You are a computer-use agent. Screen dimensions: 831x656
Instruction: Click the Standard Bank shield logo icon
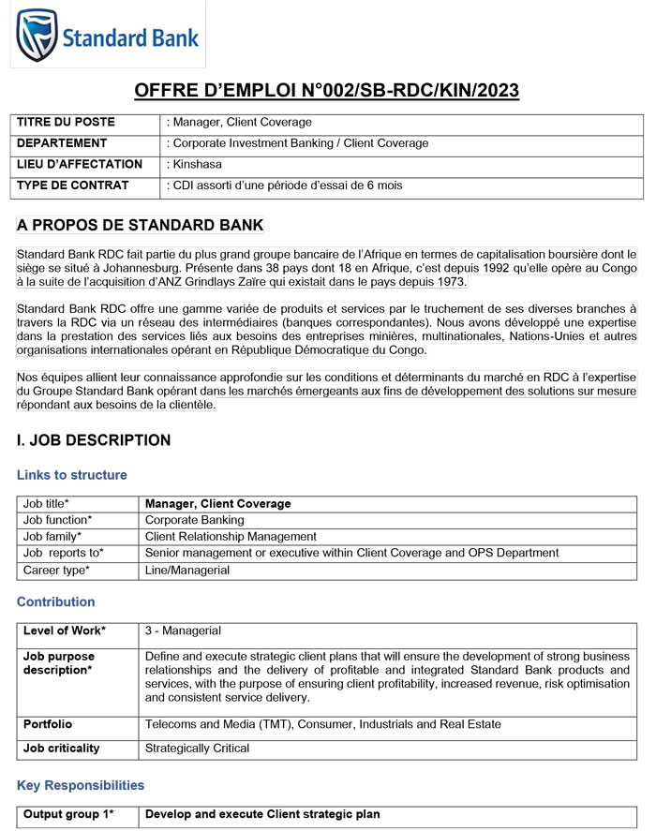pos(37,35)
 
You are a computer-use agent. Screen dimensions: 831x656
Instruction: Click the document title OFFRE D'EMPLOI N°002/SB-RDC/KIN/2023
pos(327,90)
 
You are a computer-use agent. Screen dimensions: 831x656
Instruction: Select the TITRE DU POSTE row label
pos(67,123)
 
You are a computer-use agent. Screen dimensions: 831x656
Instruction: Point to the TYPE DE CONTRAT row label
pos(73,185)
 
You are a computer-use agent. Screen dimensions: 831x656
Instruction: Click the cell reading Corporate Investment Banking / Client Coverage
pos(298,143)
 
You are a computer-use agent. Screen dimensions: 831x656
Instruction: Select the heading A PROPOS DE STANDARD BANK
pos(141,226)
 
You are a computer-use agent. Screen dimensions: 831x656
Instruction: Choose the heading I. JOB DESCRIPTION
pos(94,440)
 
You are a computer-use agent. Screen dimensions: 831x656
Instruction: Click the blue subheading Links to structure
pos(72,475)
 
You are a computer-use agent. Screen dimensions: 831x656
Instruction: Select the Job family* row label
pos(52,537)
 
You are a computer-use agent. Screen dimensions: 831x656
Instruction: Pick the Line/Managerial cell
pos(187,570)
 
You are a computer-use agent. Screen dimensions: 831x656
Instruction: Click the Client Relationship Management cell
pos(231,537)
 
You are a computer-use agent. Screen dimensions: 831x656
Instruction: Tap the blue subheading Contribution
pos(56,601)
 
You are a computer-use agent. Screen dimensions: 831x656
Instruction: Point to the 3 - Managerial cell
pos(182,631)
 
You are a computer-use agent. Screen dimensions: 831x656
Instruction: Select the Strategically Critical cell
pos(197,749)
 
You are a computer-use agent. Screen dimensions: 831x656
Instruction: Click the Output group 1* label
pos(68,814)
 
